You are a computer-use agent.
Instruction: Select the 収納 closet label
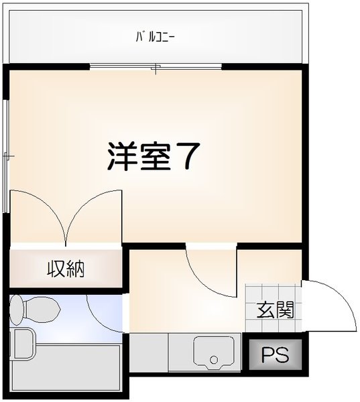point(65,269)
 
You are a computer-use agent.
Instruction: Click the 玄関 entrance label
point(275,310)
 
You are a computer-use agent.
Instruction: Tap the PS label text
point(275,354)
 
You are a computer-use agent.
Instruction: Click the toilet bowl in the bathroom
point(44,310)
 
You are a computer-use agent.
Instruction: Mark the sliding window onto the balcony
point(156,66)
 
